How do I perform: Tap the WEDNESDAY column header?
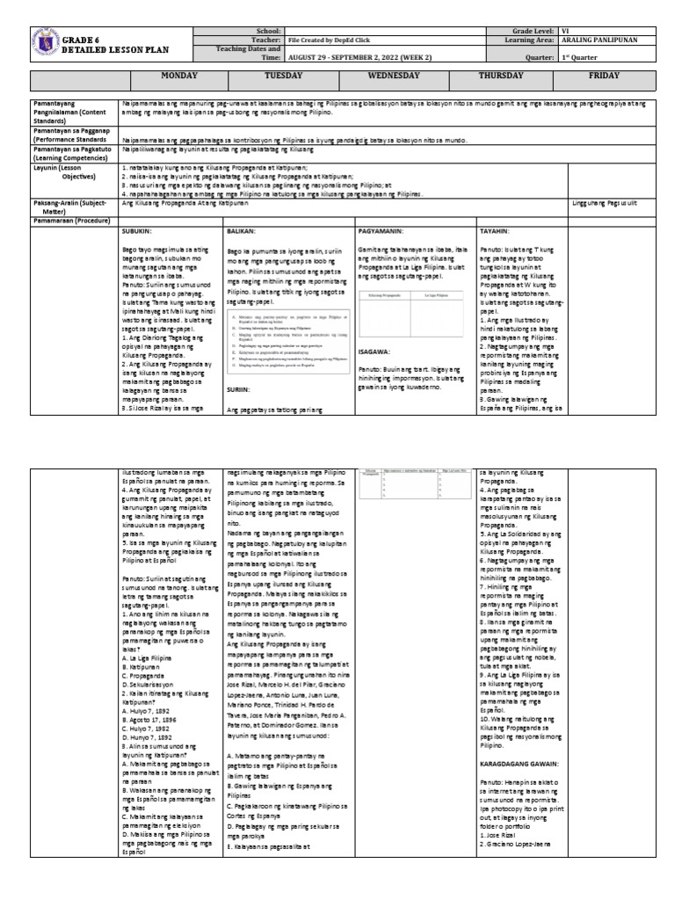click(x=398, y=76)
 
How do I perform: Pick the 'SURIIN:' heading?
click(x=238, y=388)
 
